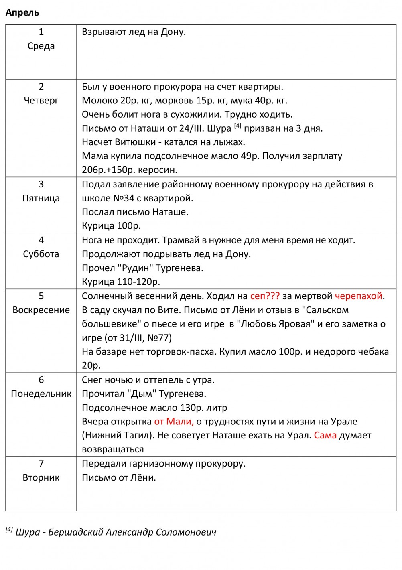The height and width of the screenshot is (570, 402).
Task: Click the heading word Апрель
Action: (22, 12)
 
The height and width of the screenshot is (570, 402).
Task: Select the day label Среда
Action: (41, 46)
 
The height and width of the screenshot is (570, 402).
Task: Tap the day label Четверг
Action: (41, 100)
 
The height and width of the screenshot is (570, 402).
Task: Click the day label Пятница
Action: (41, 198)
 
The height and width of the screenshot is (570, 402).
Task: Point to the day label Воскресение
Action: (41, 310)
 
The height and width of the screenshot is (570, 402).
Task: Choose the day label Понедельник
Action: (41, 394)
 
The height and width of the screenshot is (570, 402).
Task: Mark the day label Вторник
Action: (41, 477)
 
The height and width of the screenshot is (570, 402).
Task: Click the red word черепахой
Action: (359, 296)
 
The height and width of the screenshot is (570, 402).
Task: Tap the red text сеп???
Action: (265, 296)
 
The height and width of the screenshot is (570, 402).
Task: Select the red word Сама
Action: (325, 435)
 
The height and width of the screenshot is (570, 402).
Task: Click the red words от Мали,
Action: (174, 421)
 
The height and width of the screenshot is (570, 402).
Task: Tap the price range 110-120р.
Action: (138, 282)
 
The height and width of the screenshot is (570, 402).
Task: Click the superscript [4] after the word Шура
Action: (238, 126)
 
